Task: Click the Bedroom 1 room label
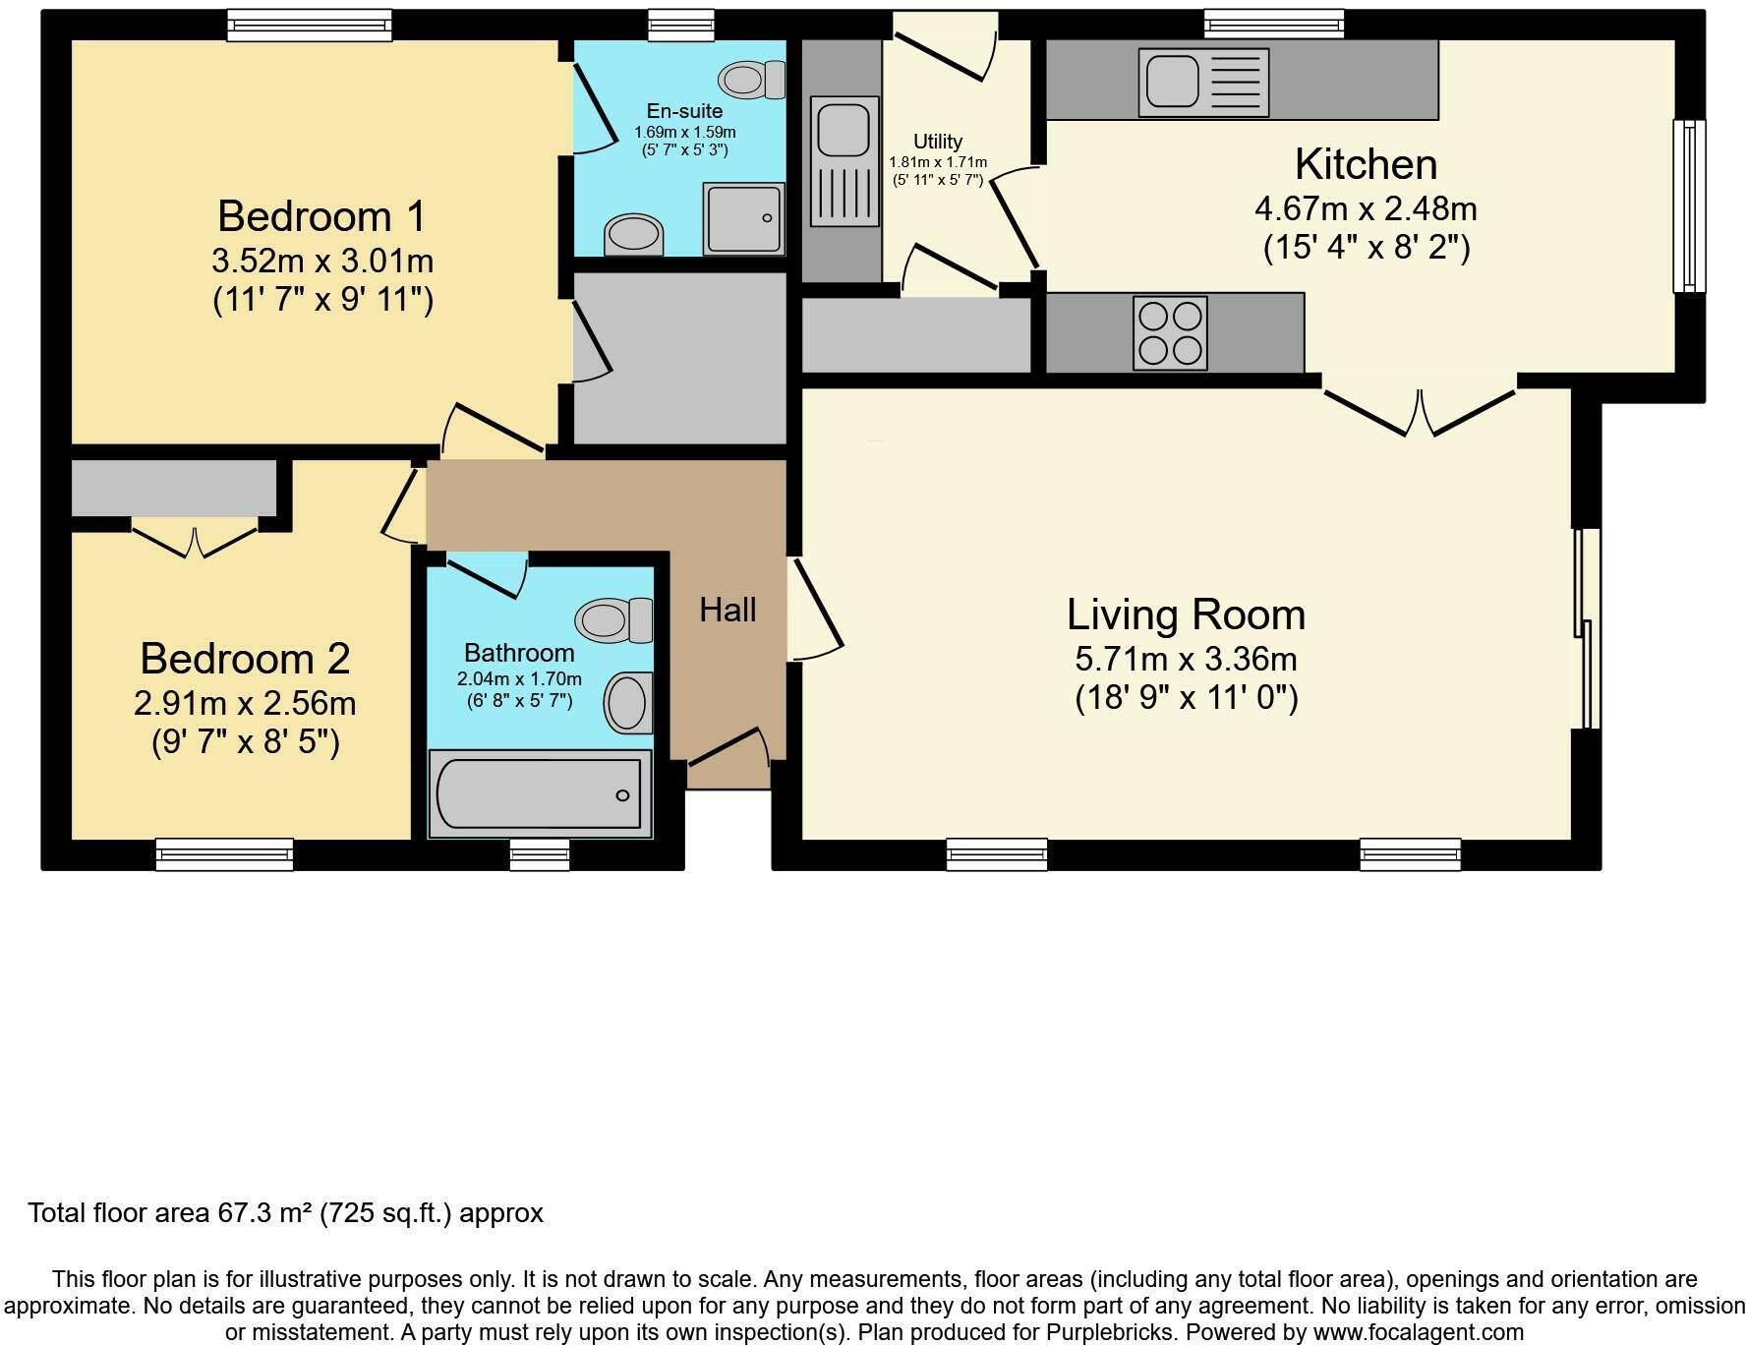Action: coord(322,216)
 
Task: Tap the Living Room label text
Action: coord(1187,615)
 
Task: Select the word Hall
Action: coord(727,610)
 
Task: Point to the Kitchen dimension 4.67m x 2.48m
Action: coord(1366,208)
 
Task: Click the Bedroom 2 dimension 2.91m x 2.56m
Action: coord(245,704)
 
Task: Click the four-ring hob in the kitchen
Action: coord(1170,333)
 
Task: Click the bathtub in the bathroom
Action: coord(540,794)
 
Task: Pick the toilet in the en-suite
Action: coord(753,79)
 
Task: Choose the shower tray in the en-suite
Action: coord(744,218)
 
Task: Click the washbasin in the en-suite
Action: coord(634,235)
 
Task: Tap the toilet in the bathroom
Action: coord(614,619)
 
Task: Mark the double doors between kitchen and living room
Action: coord(1419,412)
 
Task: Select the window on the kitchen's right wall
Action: coord(1690,206)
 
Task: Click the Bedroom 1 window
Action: coord(310,26)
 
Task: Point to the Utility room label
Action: coord(938,142)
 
